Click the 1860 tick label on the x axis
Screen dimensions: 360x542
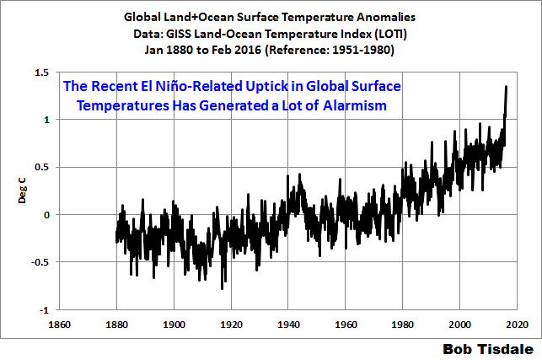click(x=59, y=324)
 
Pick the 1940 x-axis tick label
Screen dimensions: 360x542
click(x=288, y=324)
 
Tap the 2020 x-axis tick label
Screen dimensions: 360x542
click(x=517, y=324)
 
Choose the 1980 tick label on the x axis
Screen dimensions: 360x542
click(x=403, y=324)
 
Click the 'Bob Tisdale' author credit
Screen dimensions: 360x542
click(x=490, y=347)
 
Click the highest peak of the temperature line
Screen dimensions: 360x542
click(x=506, y=87)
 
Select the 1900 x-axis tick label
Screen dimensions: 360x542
click(x=174, y=324)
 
